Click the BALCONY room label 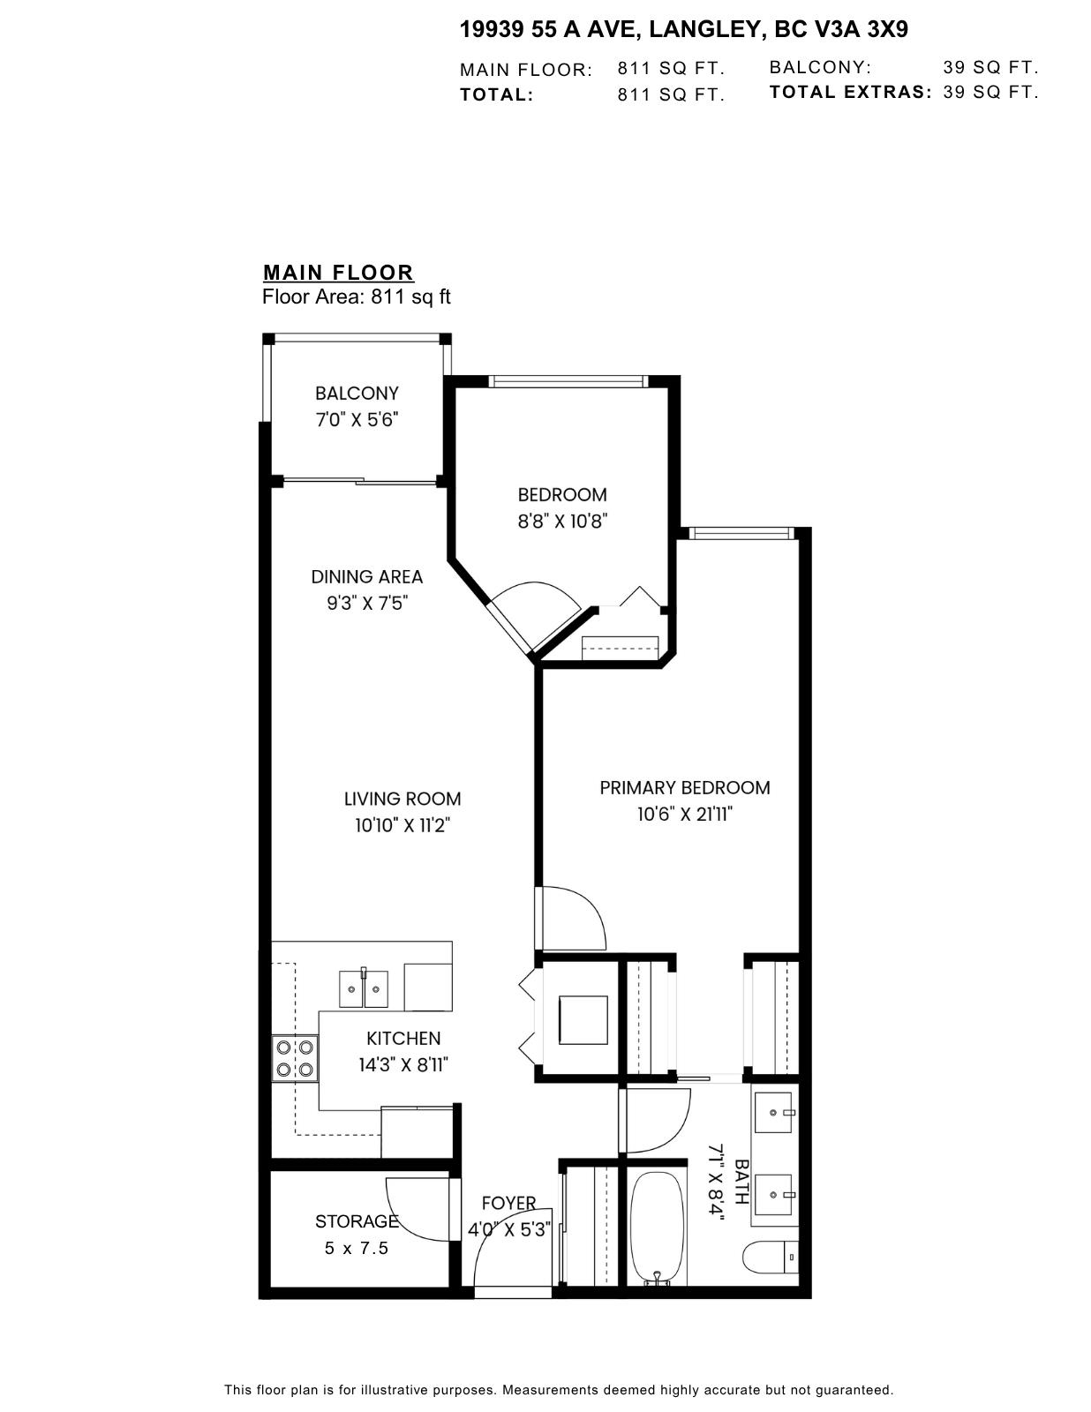click(357, 394)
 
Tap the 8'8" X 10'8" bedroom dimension click(562, 522)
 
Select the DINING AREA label click(366, 577)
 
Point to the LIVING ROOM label click(403, 800)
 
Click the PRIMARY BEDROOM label click(684, 788)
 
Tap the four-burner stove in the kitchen click(295, 1058)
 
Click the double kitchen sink click(364, 988)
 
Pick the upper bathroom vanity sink click(774, 1113)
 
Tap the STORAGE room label click(357, 1221)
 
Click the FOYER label click(508, 1204)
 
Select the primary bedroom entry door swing click(574, 918)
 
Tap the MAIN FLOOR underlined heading click(338, 273)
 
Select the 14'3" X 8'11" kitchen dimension click(403, 1065)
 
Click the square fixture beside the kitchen click(583, 1020)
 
